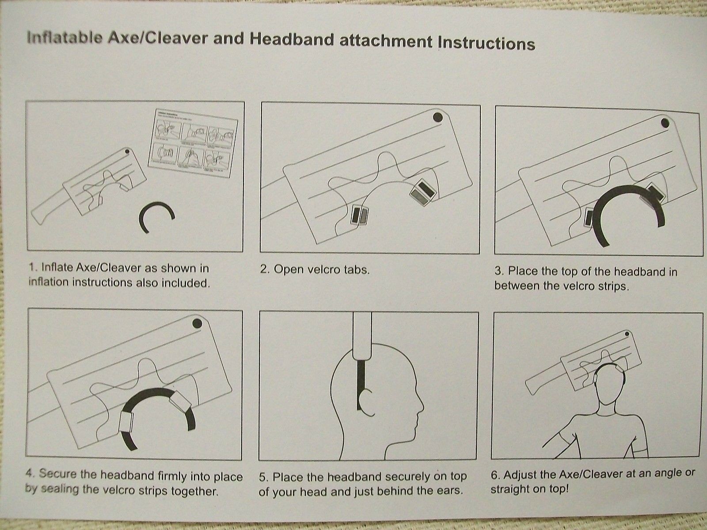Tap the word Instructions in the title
[x=487, y=43]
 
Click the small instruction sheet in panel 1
[x=193, y=143]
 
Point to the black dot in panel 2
[x=437, y=117]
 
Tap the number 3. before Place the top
[x=500, y=271]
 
